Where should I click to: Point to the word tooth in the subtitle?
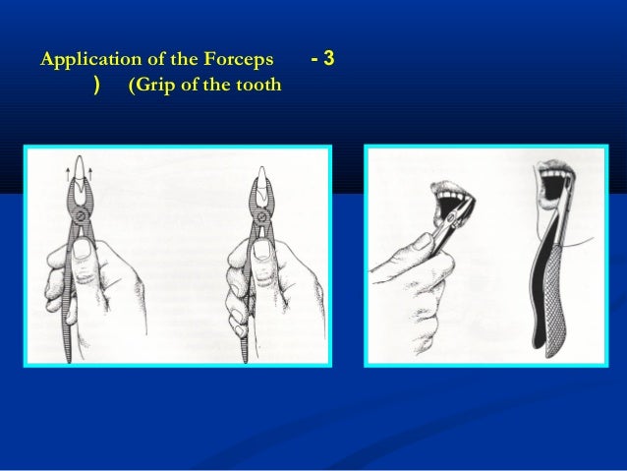tap(257, 87)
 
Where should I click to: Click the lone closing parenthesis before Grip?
tap(96, 87)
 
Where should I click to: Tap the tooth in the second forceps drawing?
tap(261, 181)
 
